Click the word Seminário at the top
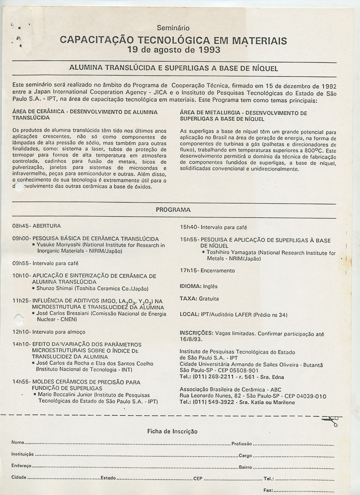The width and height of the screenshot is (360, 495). [173, 28]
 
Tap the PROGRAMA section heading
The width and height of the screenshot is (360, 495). [173, 210]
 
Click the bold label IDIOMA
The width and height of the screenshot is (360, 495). [191, 286]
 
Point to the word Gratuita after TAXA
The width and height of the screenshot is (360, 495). [209, 299]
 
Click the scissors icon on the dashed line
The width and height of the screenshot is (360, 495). [331, 420]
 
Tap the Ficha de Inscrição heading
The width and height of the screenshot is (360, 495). [172, 431]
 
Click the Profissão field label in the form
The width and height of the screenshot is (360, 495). [242, 444]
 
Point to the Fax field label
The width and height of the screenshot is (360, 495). [268, 490]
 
